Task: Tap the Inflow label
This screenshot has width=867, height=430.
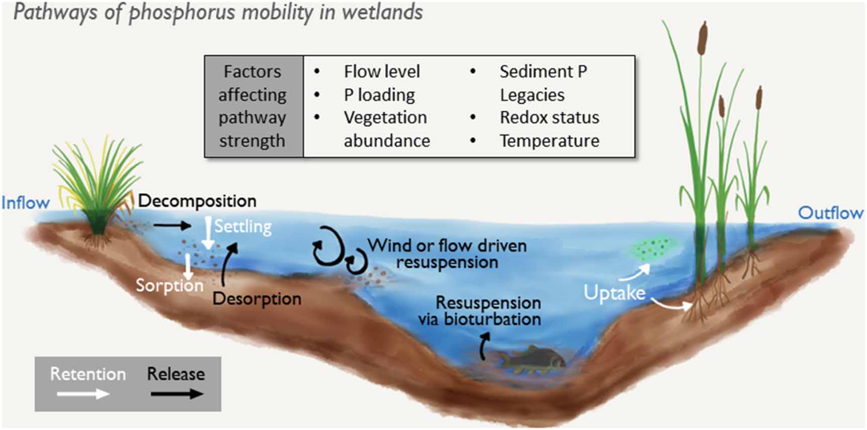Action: point(26,203)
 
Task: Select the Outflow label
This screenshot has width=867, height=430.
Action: point(830,213)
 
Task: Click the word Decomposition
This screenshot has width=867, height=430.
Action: point(197,201)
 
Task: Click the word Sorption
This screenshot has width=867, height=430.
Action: point(169,285)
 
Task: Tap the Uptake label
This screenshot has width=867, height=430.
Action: point(614,292)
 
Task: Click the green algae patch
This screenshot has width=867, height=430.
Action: point(653,247)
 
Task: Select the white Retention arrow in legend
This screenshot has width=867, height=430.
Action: point(83,394)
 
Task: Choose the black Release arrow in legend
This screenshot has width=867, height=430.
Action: point(177,394)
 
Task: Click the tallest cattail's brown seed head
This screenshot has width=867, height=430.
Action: point(702,38)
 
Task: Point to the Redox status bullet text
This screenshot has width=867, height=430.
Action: point(549,118)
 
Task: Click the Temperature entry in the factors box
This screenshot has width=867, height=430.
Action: point(549,141)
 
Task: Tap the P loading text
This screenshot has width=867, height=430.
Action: point(379,95)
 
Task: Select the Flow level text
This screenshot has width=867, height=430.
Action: point(382,72)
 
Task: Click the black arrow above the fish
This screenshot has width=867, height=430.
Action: point(485,347)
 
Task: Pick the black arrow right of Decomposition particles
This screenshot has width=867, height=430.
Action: point(172,225)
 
